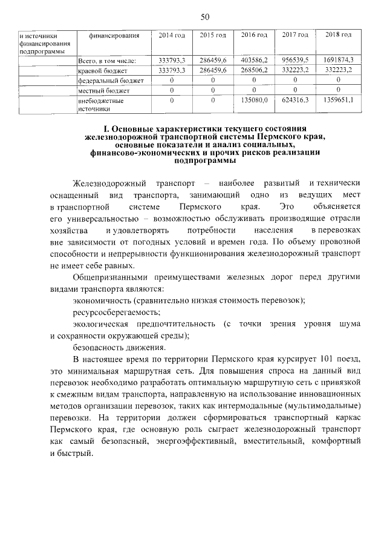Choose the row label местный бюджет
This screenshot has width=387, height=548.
click(x=96, y=90)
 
